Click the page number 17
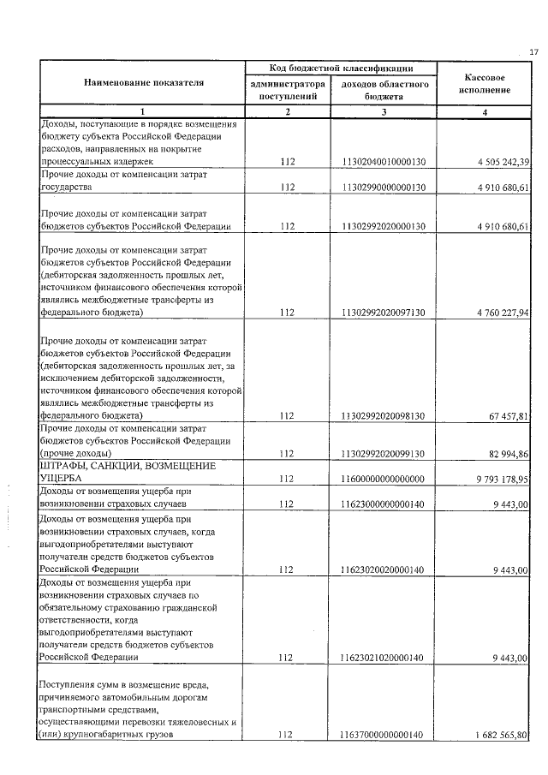tap(533, 53)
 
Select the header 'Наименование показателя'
tap(144, 82)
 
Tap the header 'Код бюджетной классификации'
tap(340, 68)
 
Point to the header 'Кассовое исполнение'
tap(484, 82)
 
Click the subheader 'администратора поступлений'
tap(287, 91)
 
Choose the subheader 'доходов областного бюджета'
tap(384, 91)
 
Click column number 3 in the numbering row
tap(384, 112)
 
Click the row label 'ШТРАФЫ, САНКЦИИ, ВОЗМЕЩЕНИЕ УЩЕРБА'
tap(118, 472)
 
